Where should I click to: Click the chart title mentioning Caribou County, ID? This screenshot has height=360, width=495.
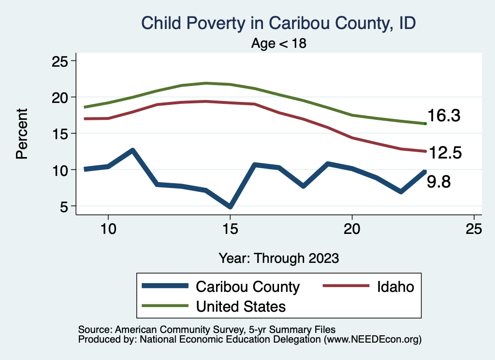278,23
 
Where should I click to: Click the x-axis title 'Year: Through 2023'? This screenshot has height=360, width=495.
278,258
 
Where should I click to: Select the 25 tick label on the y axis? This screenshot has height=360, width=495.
60,61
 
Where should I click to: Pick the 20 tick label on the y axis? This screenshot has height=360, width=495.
60,98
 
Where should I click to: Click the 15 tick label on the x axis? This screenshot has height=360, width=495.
230,229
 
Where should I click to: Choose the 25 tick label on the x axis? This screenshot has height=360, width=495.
474,229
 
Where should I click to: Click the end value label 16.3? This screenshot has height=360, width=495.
443,116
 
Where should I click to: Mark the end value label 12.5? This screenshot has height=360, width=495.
445,153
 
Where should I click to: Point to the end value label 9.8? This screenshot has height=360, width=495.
438,182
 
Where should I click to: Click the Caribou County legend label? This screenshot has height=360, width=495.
247,287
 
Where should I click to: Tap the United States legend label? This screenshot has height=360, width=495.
240,306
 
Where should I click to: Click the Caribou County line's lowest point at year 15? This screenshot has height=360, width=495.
230,207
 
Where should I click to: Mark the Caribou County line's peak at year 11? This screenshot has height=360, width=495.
132,150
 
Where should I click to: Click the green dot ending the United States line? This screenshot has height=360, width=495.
425,124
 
